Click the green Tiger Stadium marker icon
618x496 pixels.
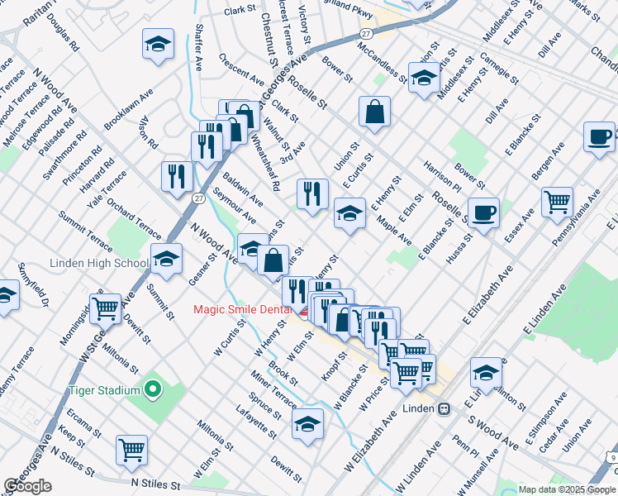pos(152,388)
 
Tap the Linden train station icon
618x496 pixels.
pos(444,408)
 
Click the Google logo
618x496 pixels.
pos(27,486)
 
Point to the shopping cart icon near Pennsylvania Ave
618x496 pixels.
pos(557,201)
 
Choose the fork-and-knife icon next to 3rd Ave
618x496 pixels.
pos(311,194)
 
